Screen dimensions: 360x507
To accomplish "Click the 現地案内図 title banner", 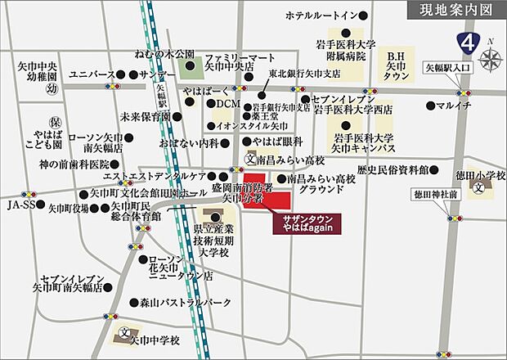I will (x=454, y=11).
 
